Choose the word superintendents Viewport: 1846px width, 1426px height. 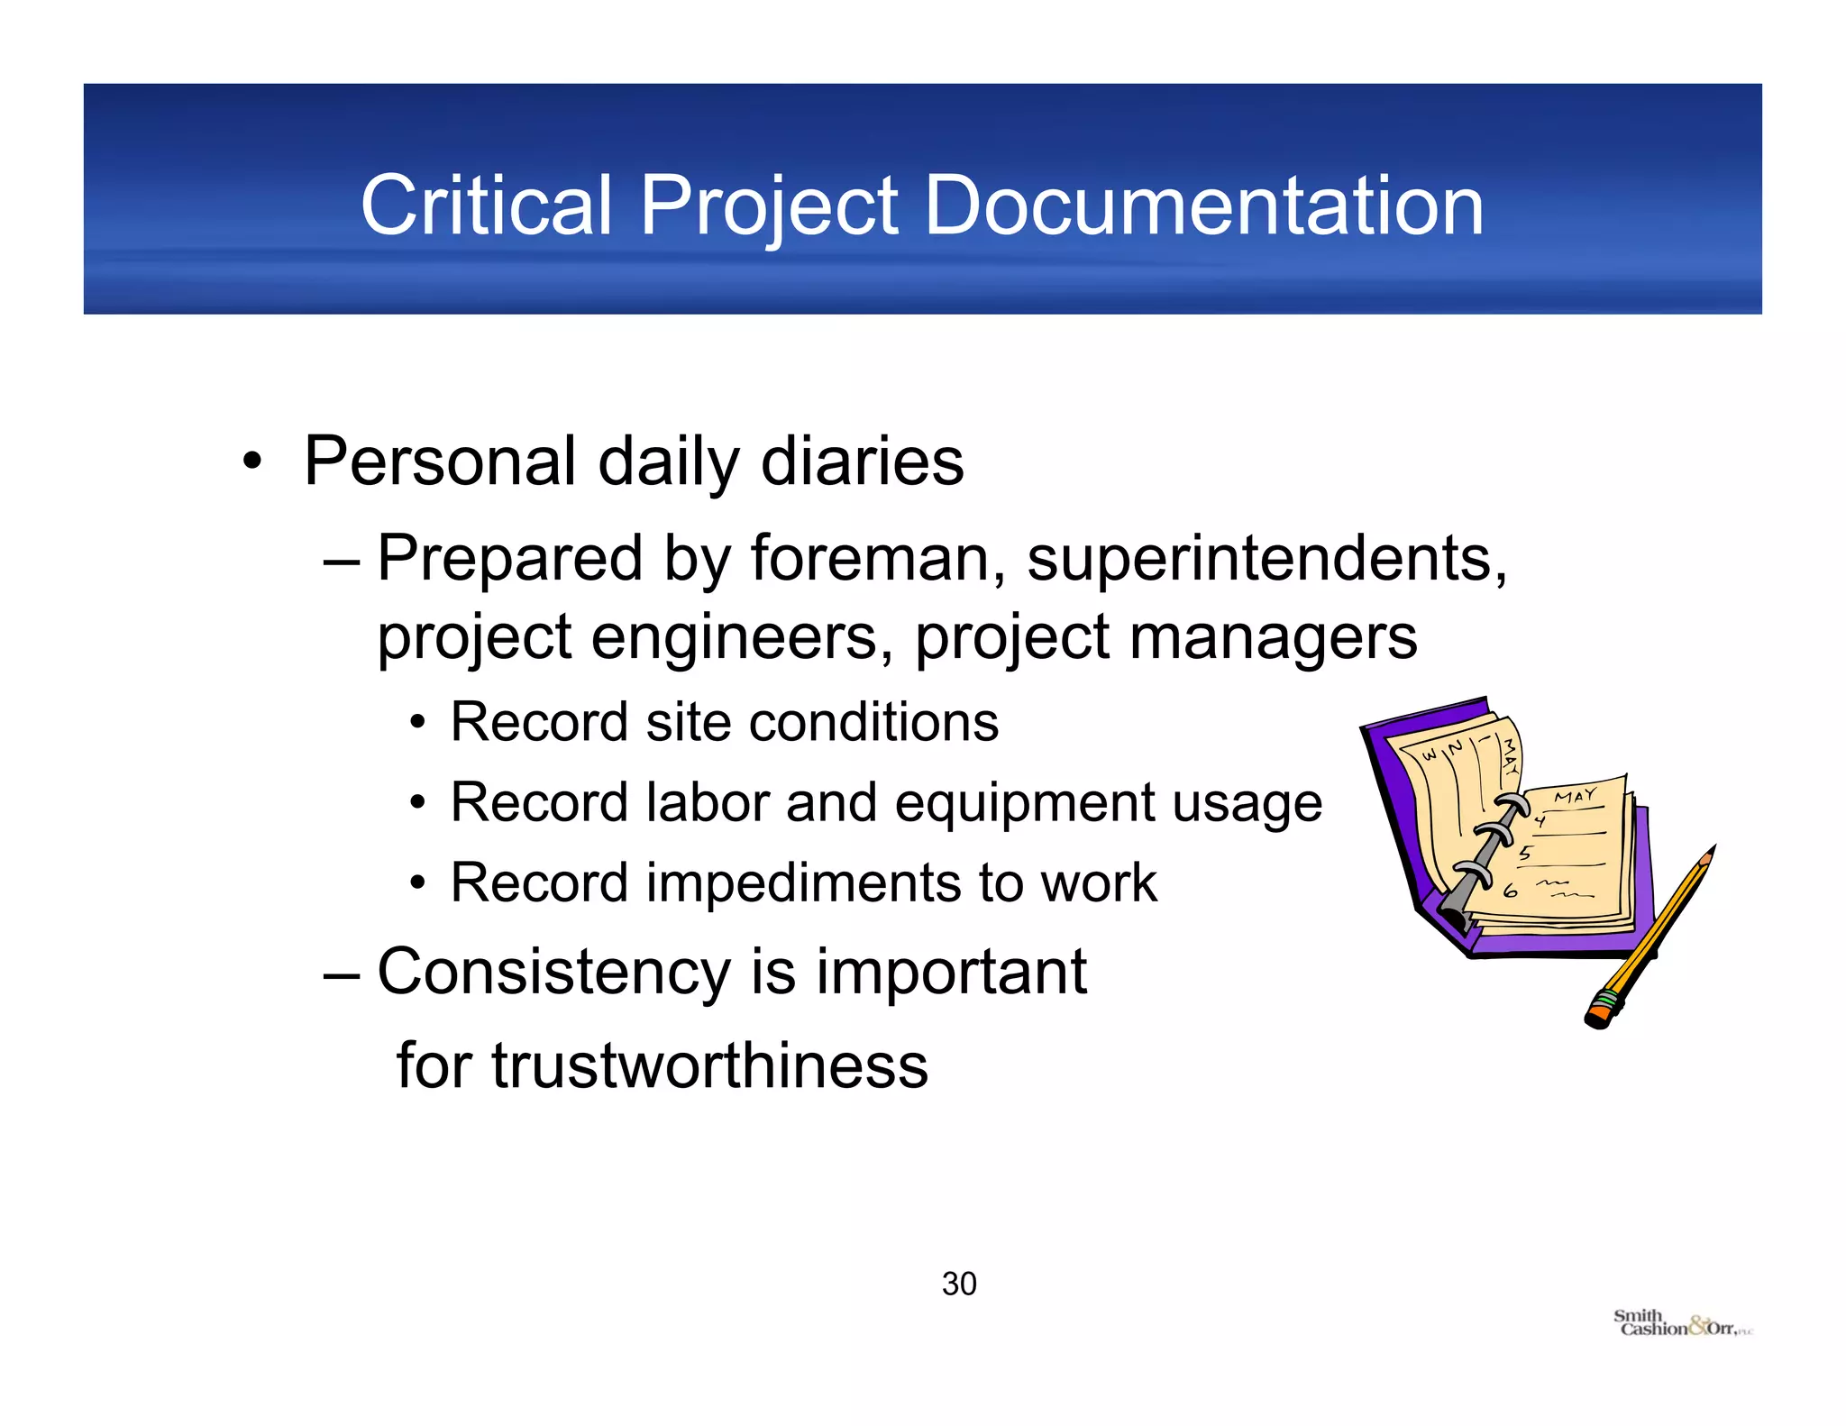(x=1266, y=558)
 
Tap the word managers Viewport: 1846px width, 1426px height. (x=1273, y=638)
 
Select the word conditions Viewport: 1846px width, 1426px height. (x=873, y=722)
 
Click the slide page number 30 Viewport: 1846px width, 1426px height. (x=959, y=1284)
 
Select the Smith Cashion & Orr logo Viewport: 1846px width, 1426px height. (x=1682, y=1324)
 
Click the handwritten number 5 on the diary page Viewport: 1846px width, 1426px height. (x=1525, y=853)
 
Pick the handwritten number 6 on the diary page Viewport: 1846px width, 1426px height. (x=1512, y=891)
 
